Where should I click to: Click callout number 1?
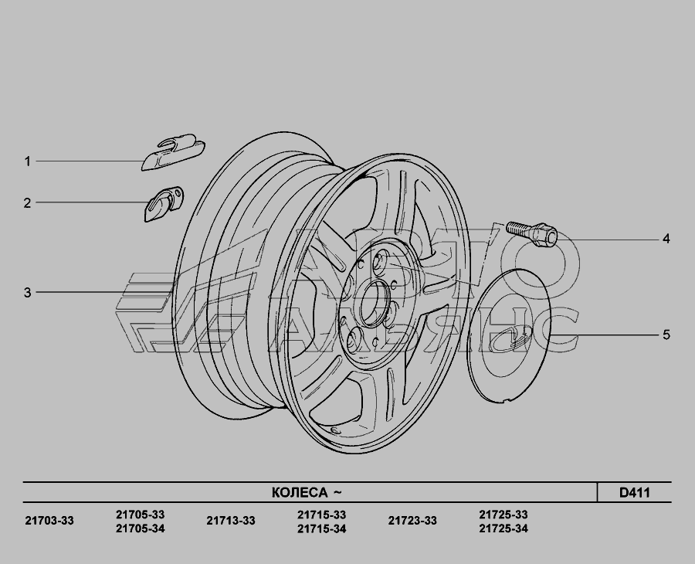point(28,161)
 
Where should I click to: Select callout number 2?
point(28,203)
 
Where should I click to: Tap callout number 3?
point(28,293)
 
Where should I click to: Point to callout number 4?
point(666,239)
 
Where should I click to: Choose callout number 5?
point(666,335)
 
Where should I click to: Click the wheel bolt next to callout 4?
point(531,233)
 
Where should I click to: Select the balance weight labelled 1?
point(173,152)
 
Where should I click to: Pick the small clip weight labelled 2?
point(164,204)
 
